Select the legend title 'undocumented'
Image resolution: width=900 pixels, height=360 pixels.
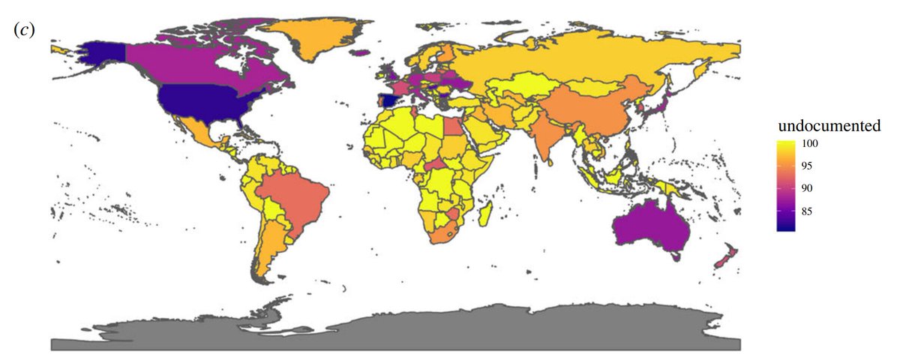(x=827, y=126)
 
